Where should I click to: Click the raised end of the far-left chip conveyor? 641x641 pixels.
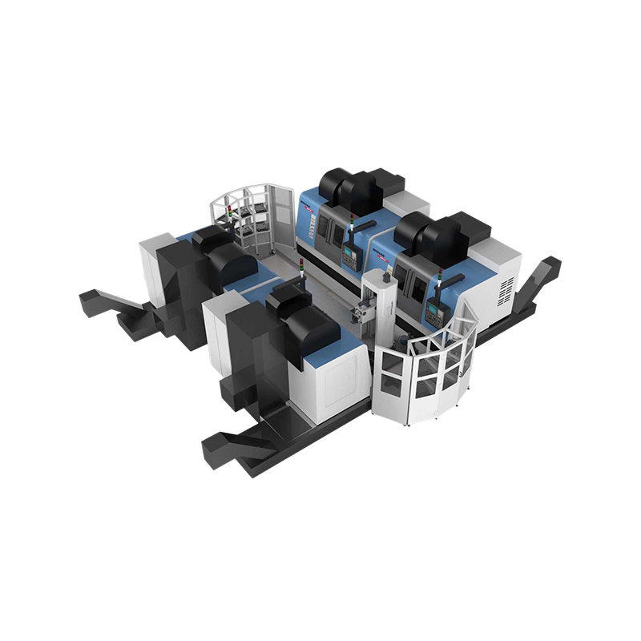90,300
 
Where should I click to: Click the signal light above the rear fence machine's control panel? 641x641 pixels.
350,233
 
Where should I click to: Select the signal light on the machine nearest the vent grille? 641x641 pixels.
440,277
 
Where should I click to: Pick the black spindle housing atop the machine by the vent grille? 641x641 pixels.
437,232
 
